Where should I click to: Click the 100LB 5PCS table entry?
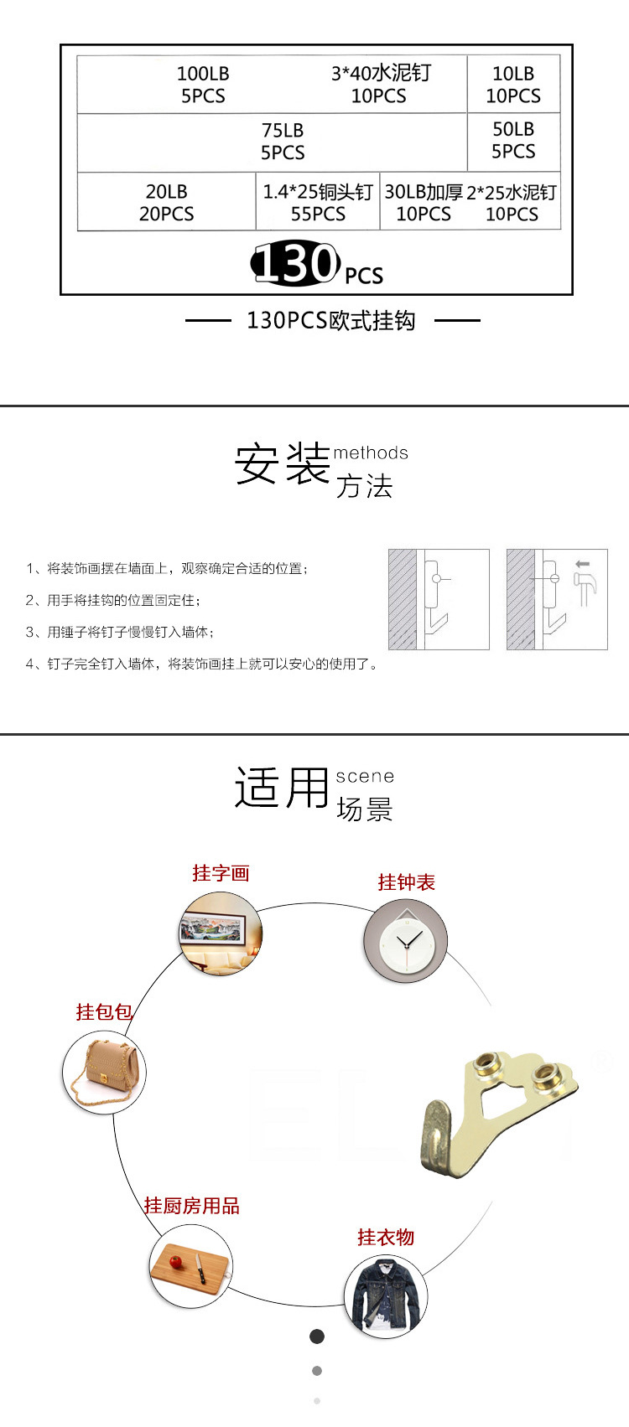[203, 85]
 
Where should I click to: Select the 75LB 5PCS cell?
[283, 142]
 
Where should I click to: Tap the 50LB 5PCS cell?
[513, 140]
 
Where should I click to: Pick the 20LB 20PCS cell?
[166, 203]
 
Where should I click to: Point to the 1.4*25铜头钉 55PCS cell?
[318, 203]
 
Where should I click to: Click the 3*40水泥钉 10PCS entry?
[380, 85]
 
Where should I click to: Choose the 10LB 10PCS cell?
[513, 85]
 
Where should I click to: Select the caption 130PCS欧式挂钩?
[331, 321]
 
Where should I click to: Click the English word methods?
[371, 453]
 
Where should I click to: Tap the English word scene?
[365, 777]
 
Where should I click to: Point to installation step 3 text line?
[120, 632]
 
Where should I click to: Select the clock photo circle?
[405, 941]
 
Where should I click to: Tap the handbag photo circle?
[104, 1072]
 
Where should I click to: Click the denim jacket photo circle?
[386, 1295]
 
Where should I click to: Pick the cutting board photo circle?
[191, 1264]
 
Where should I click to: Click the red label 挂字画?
[221, 874]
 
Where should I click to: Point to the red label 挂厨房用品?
[191, 1206]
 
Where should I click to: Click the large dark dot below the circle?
[317, 1336]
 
